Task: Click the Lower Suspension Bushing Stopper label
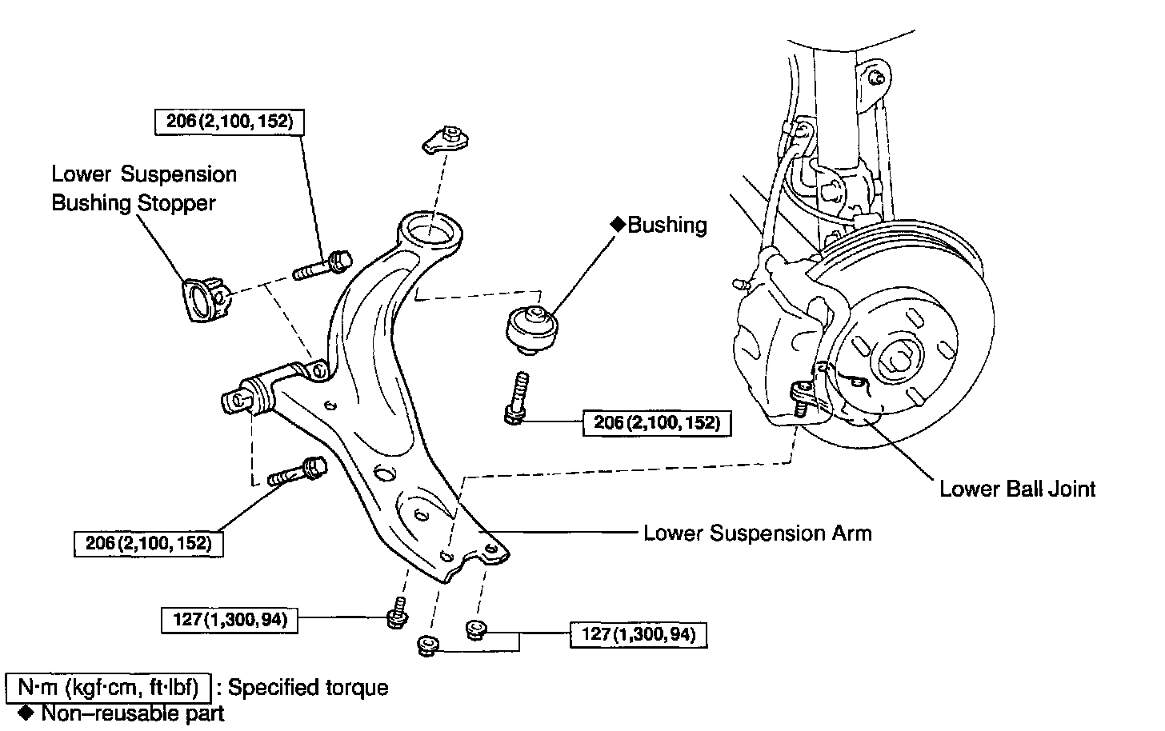[144, 189]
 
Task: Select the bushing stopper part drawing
[205, 300]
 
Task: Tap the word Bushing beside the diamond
[667, 226]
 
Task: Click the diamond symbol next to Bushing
[618, 226]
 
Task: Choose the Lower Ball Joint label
[1017, 489]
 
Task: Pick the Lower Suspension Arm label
[757, 533]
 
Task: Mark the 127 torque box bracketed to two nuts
[639, 635]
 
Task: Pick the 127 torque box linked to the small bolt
[230, 620]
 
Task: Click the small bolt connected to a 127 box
[397, 614]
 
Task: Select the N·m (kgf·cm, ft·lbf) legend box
[108, 688]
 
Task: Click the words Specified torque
[309, 688]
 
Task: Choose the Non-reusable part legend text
[133, 713]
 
